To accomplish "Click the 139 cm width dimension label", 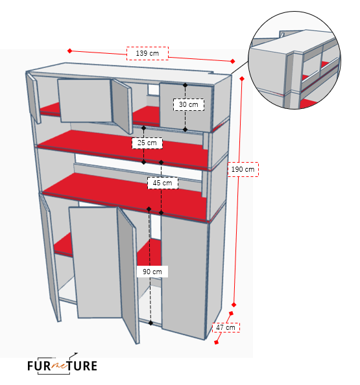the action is (x=147, y=53).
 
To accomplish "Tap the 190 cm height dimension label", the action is (x=243, y=169).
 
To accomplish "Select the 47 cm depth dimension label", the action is (x=226, y=327).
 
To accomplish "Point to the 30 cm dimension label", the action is (x=189, y=104).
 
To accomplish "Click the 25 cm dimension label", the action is (x=147, y=143).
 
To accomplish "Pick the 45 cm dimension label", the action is (x=162, y=183).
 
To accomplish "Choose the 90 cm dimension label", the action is (x=152, y=272).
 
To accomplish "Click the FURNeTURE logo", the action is (x=62, y=365).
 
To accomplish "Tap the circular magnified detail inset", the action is (x=294, y=60).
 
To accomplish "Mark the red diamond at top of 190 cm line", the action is (x=242, y=78).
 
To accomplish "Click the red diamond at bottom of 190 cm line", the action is (x=234, y=305).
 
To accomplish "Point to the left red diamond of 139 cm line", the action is (x=70, y=51).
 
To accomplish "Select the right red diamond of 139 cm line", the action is (x=232, y=61).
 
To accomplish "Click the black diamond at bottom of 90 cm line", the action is (x=150, y=323).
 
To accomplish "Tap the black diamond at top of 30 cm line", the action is (x=186, y=85).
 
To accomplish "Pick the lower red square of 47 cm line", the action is (x=216, y=342).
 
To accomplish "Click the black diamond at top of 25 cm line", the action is (x=144, y=128).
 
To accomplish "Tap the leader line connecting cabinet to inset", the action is (x=240, y=68).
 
